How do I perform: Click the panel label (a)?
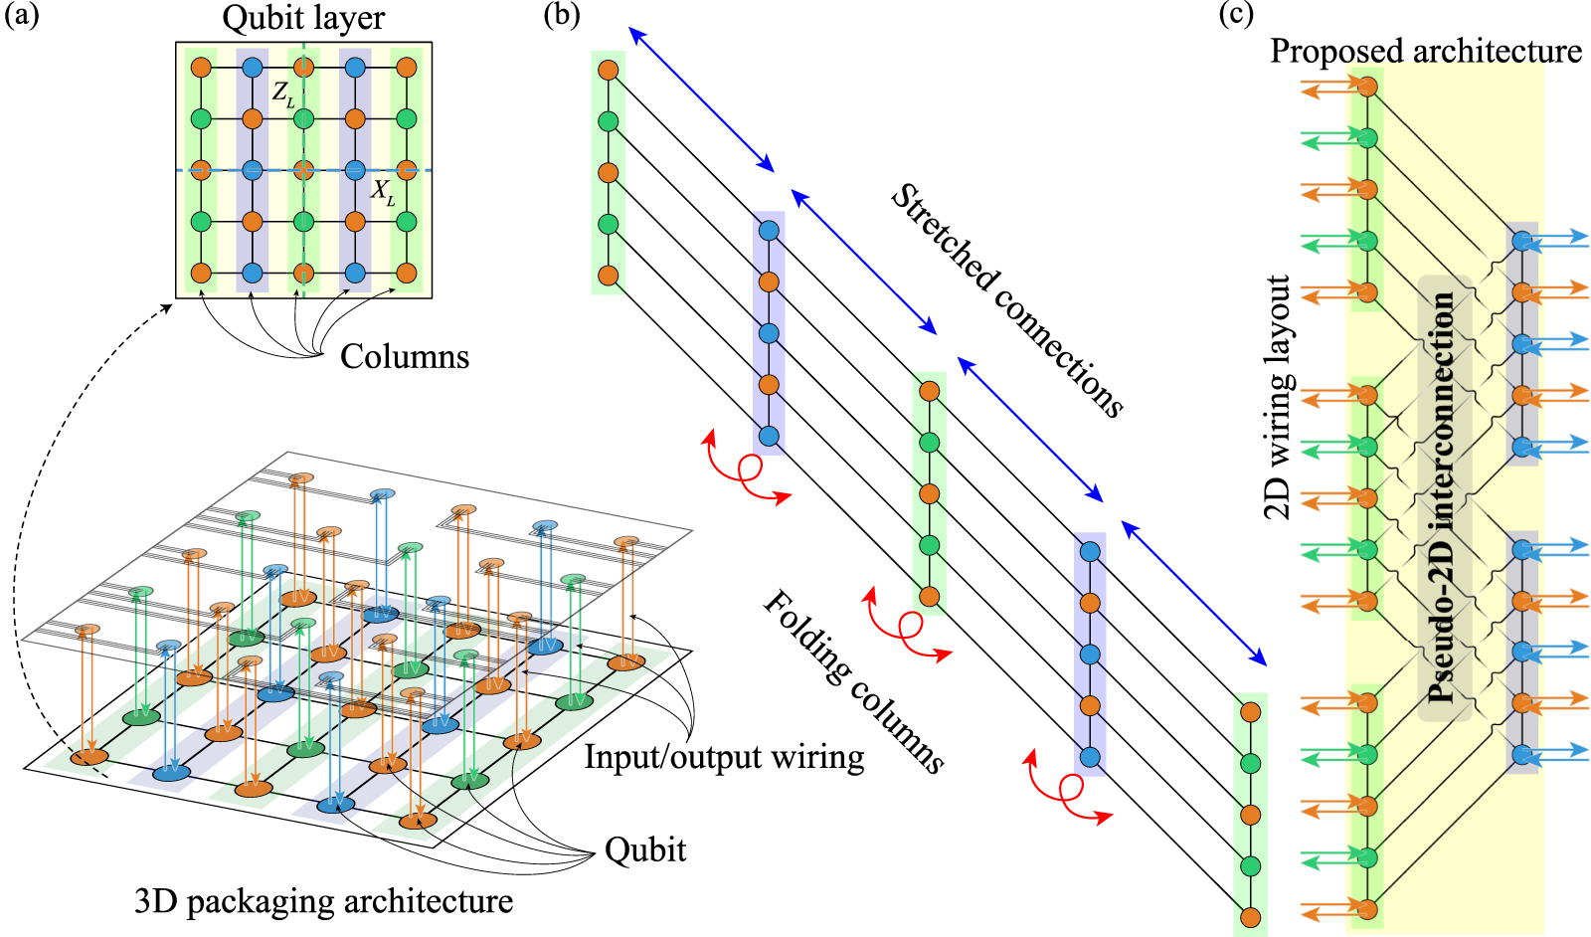(22, 16)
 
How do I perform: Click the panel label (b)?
(562, 16)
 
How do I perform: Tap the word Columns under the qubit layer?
(404, 356)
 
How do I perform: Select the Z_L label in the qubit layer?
(283, 94)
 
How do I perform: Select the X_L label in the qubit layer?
(383, 191)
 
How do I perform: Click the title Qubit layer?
(303, 18)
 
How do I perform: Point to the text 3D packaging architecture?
(323, 901)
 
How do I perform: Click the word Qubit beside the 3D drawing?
(645, 849)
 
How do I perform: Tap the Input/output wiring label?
(723, 757)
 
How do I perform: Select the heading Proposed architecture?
(1425, 51)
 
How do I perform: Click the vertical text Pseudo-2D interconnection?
(1443, 497)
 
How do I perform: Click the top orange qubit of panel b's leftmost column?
(609, 71)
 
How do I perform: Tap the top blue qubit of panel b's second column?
(769, 231)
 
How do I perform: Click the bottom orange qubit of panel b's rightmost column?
(1250, 916)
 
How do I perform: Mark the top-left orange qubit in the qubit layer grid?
(201, 68)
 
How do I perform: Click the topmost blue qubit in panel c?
(1521, 240)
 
